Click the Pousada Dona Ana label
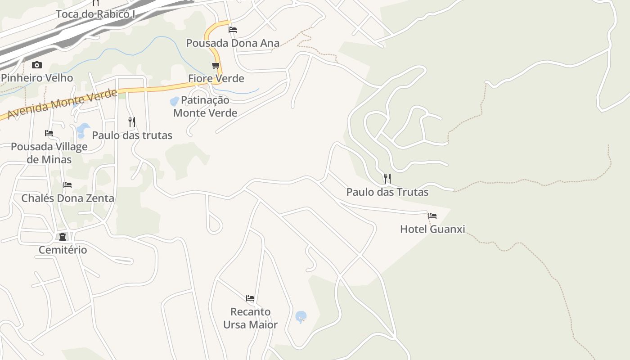pyautogui.click(x=233, y=43)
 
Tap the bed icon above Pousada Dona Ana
pyautogui.click(x=233, y=30)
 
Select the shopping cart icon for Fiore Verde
pyautogui.click(x=216, y=66)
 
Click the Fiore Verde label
pyautogui.click(x=216, y=79)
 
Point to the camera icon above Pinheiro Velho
pyautogui.click(x=37, y=65)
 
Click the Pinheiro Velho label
pyautogui.click(x=37, y=78)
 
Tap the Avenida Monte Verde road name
pyautogui.click(x=62, y=104)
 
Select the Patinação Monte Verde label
pyautogui.click(x=205, y=107)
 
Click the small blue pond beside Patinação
pyautogui.click(x=174, y=102)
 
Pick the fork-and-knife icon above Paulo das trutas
pyautogui.click(x=132, y=122)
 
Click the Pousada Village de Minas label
pyautogui.click(x=49, y=153)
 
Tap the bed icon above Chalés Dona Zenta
pyautogui.click(x=67, y=185)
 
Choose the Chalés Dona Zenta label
pyautogui.click(x=67, y=198)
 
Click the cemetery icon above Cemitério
pyautogui.click(x=63, y=237)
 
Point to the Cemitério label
pyautogui.click(x=63, y=250)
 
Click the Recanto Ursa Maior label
pyautogui.click(x=250, y=318)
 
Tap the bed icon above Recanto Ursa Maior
pyautogui.click(x=250, y=298)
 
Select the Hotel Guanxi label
pyautogui.click(x=432, y=229)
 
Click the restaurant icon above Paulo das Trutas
pyautogui.click(x=387, y=179)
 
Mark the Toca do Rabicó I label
pyautogui.click(x=95, y=14)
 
